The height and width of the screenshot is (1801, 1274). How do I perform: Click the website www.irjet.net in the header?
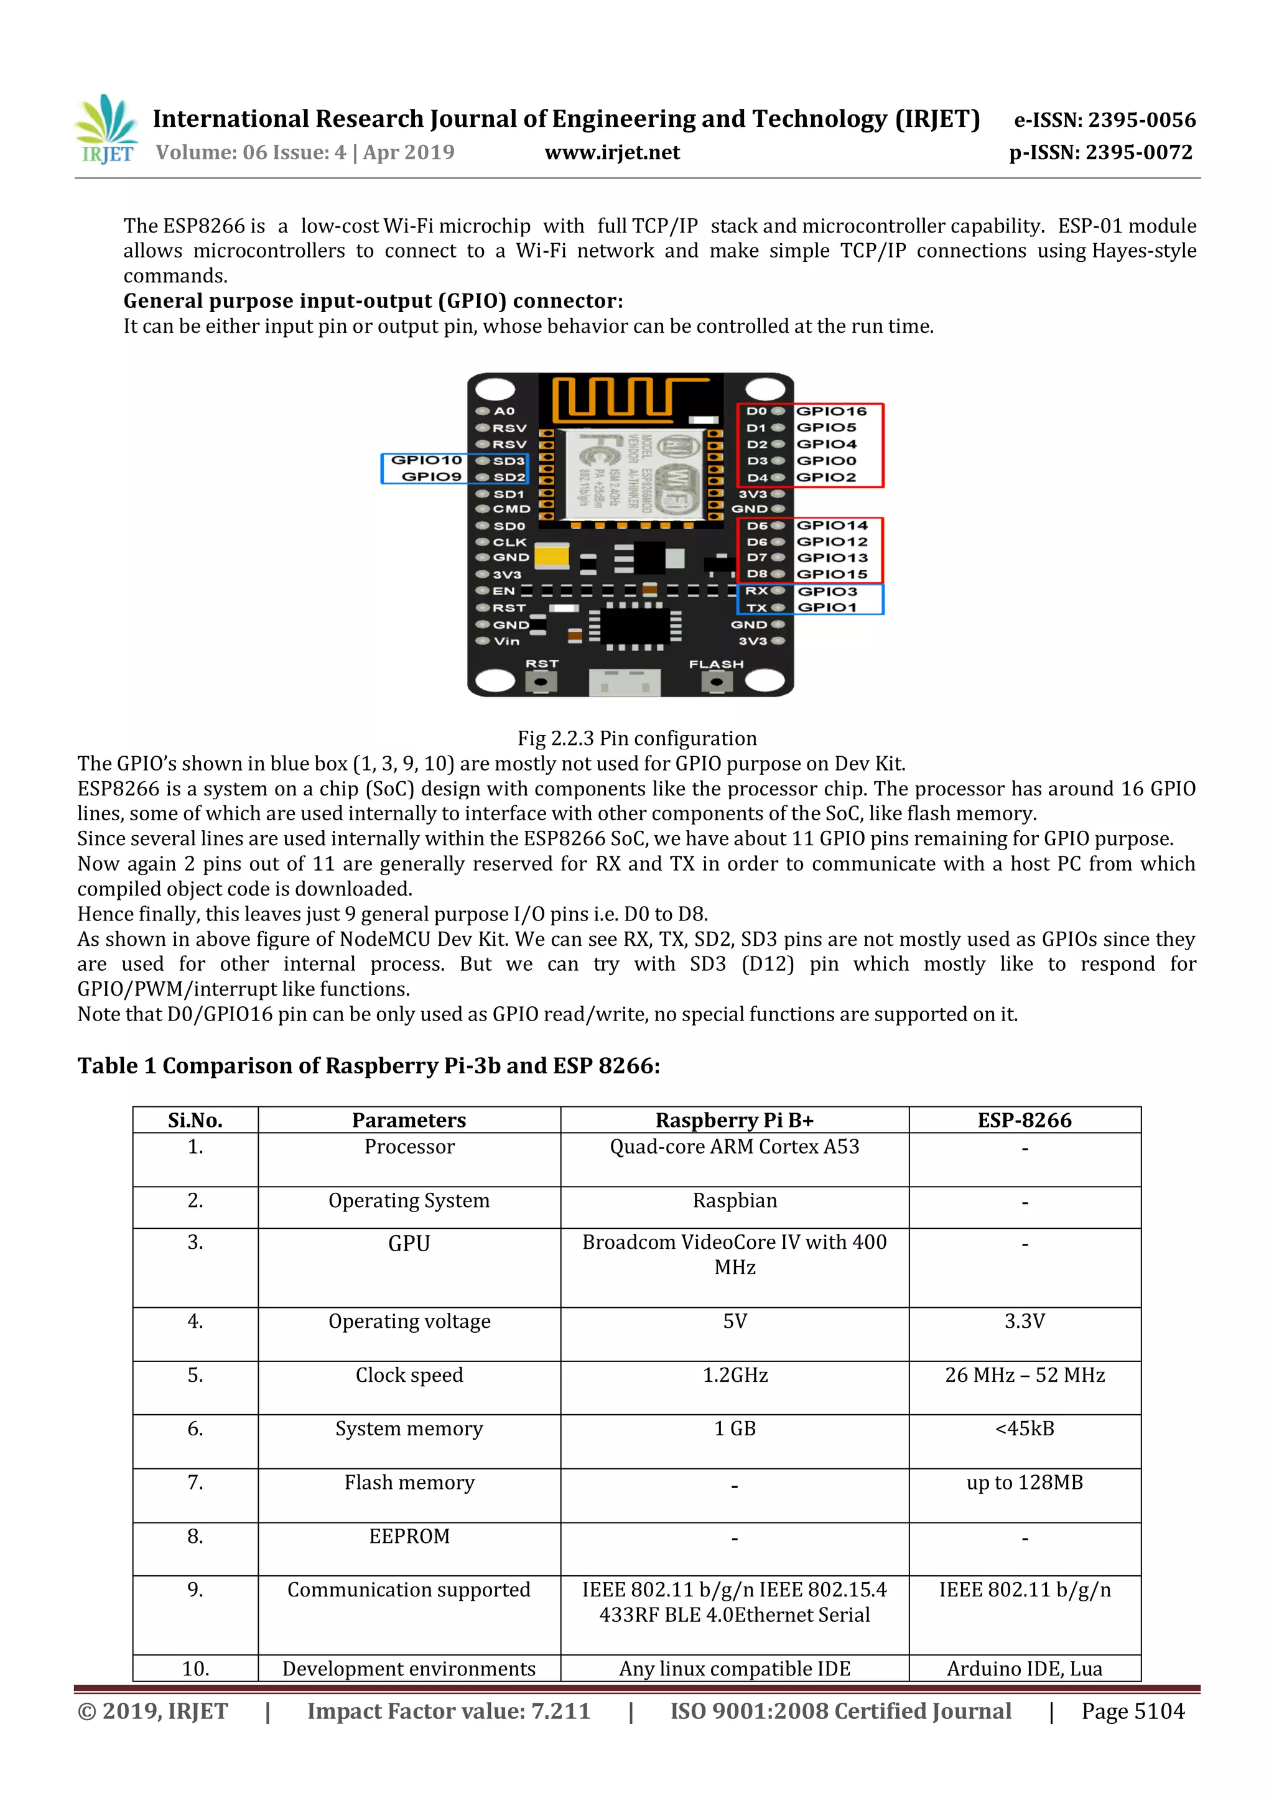(x=612, y=153)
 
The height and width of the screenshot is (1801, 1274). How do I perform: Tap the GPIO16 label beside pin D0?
(x=832, y=411)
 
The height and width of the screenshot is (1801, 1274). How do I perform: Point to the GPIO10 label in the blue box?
(x=427, y=460)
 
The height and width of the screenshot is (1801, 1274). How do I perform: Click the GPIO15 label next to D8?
(x=832, y=574)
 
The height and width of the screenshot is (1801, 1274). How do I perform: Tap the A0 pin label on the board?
(x=504, y=411)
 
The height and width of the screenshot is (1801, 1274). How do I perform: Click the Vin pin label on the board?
(x=506, y=641)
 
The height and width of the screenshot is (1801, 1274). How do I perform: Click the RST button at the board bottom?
(x=541, y=682)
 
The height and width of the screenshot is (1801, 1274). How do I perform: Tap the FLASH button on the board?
(x=716, y=682)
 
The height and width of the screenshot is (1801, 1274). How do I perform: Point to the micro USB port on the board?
(x=625, y=682)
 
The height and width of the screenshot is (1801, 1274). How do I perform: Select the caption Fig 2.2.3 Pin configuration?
(x=637, y=738)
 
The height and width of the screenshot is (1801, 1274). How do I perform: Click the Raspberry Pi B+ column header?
(x=734, y=1120)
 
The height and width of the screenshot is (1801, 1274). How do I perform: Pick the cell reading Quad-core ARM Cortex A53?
(x=734, y=1147)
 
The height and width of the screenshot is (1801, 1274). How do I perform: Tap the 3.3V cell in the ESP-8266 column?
(x=1025, y=1322)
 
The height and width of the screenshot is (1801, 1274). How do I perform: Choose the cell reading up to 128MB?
(x=1025, y=1483)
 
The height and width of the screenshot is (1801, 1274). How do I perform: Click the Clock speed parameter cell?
(x=409, y=1375)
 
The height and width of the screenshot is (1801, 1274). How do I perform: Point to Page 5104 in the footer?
(x=1133, y=1711)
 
